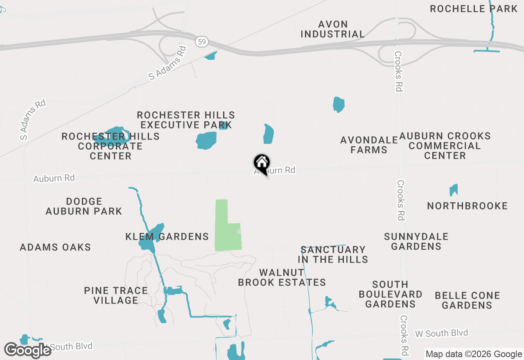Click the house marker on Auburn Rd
(262, 164)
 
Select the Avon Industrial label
(332, 29)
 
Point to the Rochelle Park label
(474, 9)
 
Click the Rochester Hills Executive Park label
(186, 120)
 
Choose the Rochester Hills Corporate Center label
(111, 146)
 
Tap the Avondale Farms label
(369, 145)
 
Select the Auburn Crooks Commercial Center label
(445, 146)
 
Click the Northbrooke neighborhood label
(467, 206)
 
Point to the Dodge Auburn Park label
(84, 206)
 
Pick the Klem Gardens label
(167, 236)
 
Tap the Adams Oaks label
(55, 247)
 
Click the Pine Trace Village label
(116, 295)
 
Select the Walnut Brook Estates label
(282, 277)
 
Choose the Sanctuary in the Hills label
(333, 254)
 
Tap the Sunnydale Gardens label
(416, 241)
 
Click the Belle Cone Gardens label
(467, 300)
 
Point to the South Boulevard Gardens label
(390, 294)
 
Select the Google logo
(28, 350)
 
